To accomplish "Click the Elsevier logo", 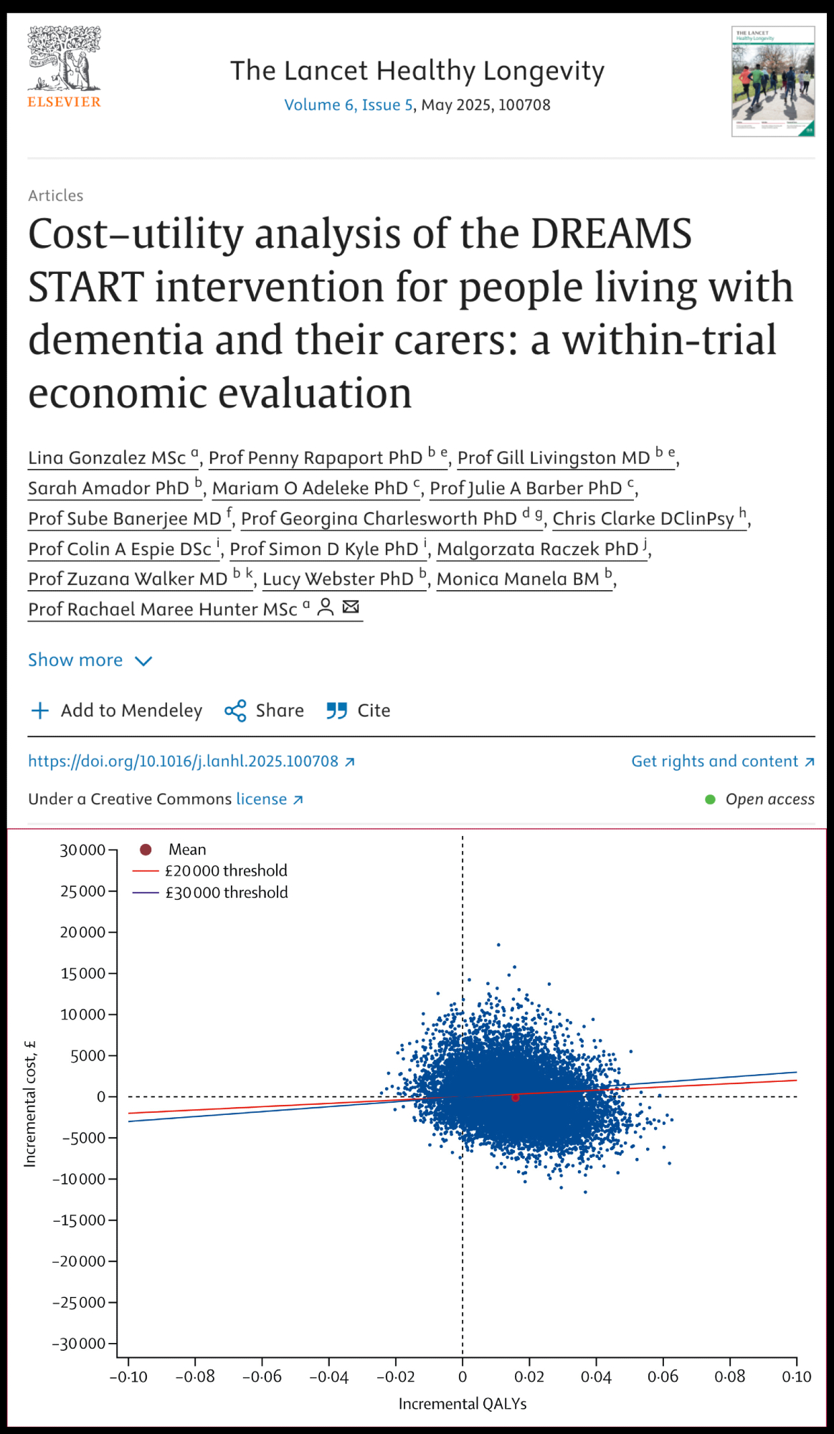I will [64, 67].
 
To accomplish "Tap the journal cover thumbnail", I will [772, 81].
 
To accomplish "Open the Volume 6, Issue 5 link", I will [349, 105].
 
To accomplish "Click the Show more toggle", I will [90, 660].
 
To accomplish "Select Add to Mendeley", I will [116, 711].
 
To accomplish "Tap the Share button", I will [264, 711].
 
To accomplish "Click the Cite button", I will [359, 711].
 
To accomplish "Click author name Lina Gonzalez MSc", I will [107, 458].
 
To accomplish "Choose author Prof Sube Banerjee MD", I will [125, 519].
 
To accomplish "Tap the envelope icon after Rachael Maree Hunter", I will [351, 607].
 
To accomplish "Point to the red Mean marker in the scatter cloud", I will [516, 1097].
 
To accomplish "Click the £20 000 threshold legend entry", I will [225, 870].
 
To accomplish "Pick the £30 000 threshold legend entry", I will [226, 893].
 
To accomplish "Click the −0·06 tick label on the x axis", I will [262, 1377].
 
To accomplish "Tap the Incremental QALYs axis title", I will [463, 1404].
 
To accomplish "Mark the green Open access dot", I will [710, 799].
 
